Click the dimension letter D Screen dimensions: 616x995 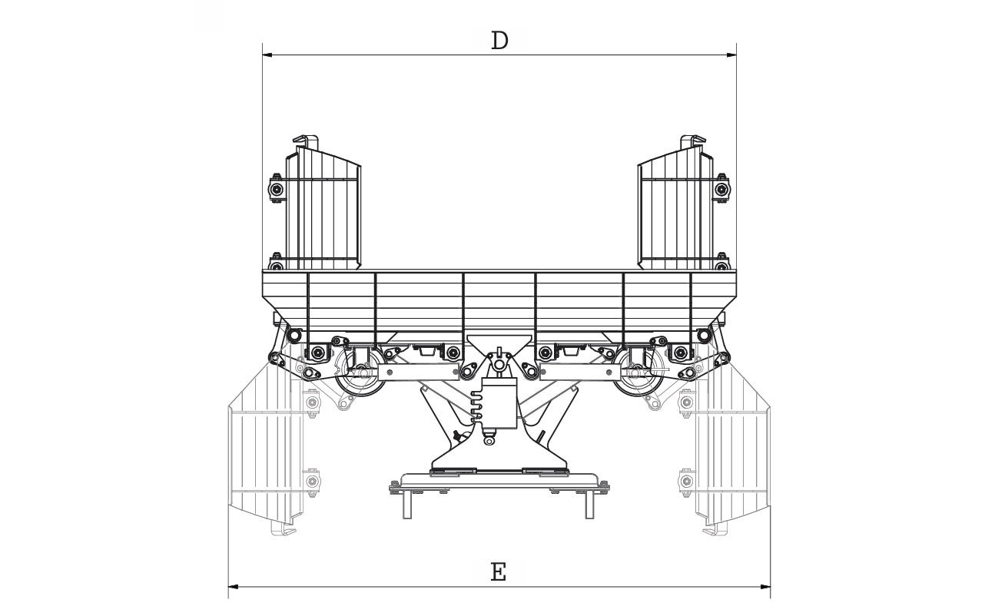pyautogui.click(x=499, y=41)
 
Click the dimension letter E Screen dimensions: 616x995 pyautogui.click(x=498, y=572)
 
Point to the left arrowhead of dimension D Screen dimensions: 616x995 pyautogui.click(x=266, y=55)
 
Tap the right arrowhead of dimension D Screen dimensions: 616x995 pyautogui.click(x=732, y=55)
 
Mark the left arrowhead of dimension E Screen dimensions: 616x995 pyautogui.click(x=233, y=586)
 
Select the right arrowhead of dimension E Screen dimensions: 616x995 pyautogui.click(x=766, y=586)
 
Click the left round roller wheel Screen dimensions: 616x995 pyautogui.click(x=360, y=377)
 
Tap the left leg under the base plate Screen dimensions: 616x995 pyautogui.click(x=408, y=503)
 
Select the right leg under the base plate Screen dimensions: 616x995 pyautogui.click(x=590, y=503)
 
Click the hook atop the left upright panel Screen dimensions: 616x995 pyautogui.click(x=307, y=142)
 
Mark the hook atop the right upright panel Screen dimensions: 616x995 pyautogui.click(x=692, y=142)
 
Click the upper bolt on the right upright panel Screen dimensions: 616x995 pyautogui.click(x=721, y=189)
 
